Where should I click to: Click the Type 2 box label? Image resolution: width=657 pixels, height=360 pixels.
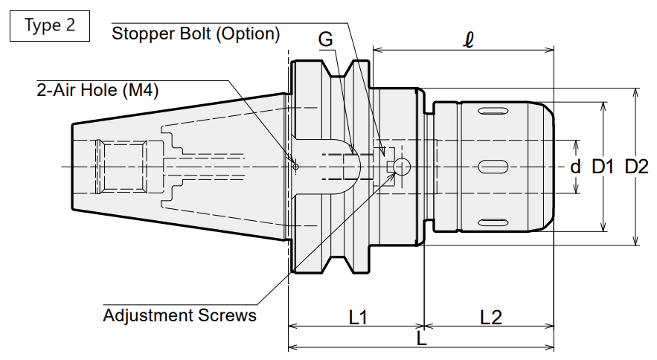pyautogui.click(x=50, y=25)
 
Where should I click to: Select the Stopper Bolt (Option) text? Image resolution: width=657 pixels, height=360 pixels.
pyautogui.click(x=196, y=33)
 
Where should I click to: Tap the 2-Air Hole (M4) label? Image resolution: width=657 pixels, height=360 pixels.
pyautogui.click(x=97, y=90)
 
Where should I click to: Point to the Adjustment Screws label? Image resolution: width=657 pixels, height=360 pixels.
pyautogui.click(x=180, y=315)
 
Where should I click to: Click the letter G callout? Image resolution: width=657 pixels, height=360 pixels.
pyautogui.click(x=326, y=39)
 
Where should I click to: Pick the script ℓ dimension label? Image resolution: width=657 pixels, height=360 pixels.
pyautogui.click(x=469, y=40)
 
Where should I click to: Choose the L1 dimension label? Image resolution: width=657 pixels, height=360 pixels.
pyautogui.click(x=358, y=318)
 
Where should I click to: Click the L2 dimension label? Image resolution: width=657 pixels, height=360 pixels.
pyautogui.click(x=490, y=318)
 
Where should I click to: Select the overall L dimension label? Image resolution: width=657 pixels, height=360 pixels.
pyautogui.click(x=422, y=338)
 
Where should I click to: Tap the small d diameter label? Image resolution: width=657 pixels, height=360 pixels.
pyautogui.click(x=576, y=167)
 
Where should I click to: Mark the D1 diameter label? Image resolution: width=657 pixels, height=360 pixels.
pyautogui.click(x=603, y=167)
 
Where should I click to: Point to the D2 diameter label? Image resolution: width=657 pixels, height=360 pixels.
pyautogui.click(x=636, y=167)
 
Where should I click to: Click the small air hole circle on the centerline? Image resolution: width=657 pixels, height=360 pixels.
pyautogui.click(x=295, y=167)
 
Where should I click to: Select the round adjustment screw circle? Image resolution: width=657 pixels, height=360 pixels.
pyautogui.click(x=401, y=167)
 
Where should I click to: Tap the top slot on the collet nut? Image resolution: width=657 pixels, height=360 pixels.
pyautogui.click(x=493, y=111)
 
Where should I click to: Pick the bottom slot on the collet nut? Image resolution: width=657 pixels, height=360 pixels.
pyautogui.click(x=493, y=222)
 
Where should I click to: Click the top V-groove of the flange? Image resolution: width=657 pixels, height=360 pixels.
pyautogui.click(x=339, y=69)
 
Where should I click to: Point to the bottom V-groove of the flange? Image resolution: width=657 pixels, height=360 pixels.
pyautogui.click(x=339, y=265)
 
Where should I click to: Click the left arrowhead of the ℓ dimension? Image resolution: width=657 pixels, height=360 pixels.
pyautogui.click(x=376, y=51)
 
